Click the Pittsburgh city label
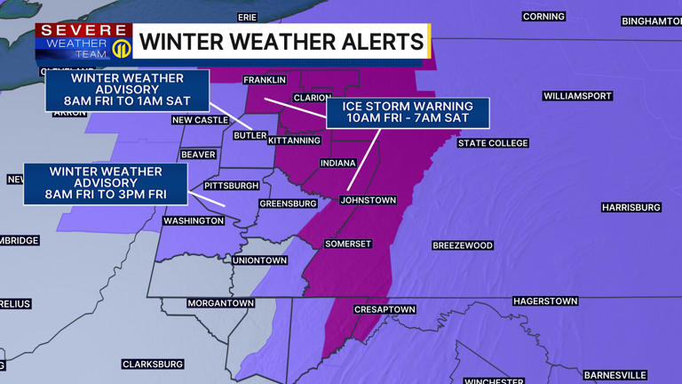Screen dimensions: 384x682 click(x=231, y=186)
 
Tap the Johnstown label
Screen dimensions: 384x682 click(x=369, y=200)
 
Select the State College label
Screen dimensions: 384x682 click(x=493, y=143)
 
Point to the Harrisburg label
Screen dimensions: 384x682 click(x=631, y=207)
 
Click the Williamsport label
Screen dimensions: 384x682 click(x=577, y=95)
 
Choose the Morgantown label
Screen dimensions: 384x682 click(x=220, y=303)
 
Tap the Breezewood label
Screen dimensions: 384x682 click(x=462, y=245)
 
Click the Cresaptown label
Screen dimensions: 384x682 click(x=385, y=309)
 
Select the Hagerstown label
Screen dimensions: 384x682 click(x=545, y=301)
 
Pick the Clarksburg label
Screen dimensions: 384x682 click(x=153, y=364)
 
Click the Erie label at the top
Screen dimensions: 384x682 click(x=248, y=17)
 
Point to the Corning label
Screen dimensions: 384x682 click(x=543, y=17)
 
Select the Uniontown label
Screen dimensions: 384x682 click(x=259, y=260)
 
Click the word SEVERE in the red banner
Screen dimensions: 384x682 click(x=83, y=31)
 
